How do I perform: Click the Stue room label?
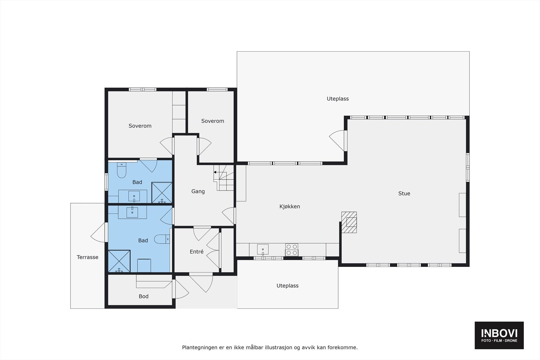pos(404,193)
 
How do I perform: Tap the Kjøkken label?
pos(290,206)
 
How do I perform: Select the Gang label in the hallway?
pos(198,191)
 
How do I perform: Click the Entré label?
pos(196,252)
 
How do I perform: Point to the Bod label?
pos(143,296)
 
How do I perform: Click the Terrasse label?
pos(87,257)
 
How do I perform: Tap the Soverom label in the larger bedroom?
pos(140,126)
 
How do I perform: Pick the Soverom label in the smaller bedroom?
pos(212,121)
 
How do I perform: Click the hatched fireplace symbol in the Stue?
pos(349,222)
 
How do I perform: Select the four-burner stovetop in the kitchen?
pos(292,250)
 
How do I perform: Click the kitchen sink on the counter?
pos(263,250)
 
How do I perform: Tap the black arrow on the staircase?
pos(215,172)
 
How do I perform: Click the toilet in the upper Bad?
pos(122,170)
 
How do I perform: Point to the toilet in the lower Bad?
pos(162,239)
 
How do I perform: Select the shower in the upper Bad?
pos(162,193)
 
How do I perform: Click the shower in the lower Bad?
pos(119,261)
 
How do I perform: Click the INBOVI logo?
pos(499,335)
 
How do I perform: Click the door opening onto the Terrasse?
pos(99,233)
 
